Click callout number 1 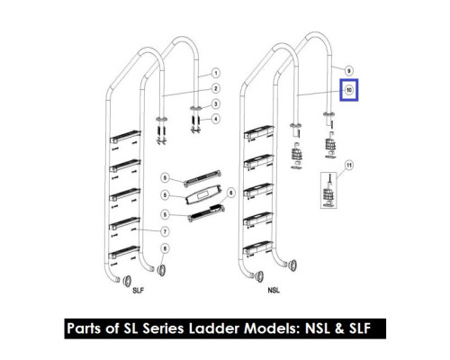click(215, 73)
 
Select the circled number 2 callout click(215, 88)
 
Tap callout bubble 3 click(215, 104)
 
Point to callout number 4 click(215, 119)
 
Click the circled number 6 click(230, 193)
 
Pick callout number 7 click(165, 231)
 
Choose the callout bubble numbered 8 click(165, 248)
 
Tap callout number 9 click(348, 71)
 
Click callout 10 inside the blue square click(349, 90)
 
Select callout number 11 click(349, 165)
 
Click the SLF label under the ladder click(139, 291)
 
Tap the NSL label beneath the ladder click(274, 291)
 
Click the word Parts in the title click(84, 328)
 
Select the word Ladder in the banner click(214, 328)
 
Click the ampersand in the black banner click(339, 328)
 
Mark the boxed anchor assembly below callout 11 click(328, 190)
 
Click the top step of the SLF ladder click(125, 137)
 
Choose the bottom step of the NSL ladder click(258, 248)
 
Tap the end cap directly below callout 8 click(161, 270)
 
